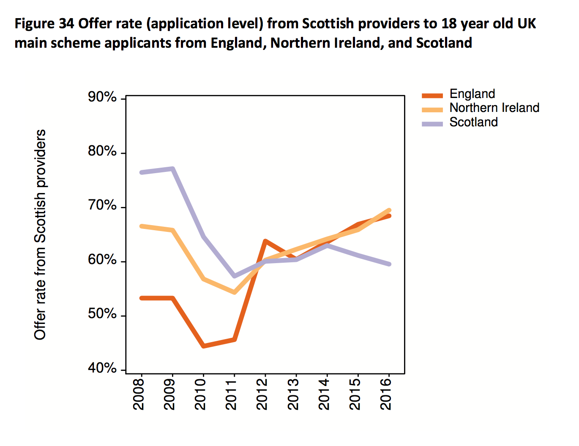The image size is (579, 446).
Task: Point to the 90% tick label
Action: click(102, 97)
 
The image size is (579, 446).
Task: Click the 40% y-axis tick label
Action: click(102, 368)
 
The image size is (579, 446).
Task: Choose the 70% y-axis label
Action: click(102, 206)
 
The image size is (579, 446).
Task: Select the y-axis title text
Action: click(40, 234)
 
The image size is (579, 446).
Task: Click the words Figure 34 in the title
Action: click(44, 24)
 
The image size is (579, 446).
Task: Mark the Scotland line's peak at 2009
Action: click(172, 169)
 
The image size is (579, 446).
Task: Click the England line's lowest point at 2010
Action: click(204, 346)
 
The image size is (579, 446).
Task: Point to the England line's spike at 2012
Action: click(265, 241)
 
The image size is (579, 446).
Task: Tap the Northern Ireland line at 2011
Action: click(234, 292)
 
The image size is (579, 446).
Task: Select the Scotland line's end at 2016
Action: click(389, 264)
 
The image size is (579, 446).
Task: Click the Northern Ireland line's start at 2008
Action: click(142, 226)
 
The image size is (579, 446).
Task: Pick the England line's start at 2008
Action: click(142, 298)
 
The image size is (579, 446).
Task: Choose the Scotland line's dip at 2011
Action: click(234, 276)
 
